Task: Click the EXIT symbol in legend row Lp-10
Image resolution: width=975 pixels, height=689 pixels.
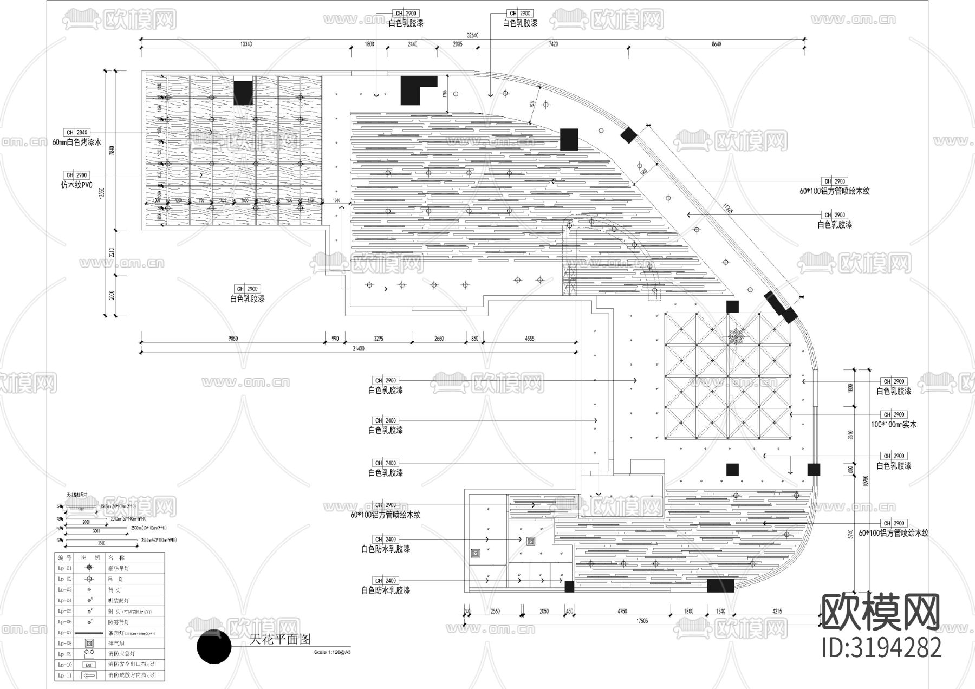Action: point(89,665)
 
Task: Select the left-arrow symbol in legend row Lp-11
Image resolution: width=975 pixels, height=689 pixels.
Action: point(89,675)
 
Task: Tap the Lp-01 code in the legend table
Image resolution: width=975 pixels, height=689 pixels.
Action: point(65,568)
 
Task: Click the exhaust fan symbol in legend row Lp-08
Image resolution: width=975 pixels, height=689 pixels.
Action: point(89,643)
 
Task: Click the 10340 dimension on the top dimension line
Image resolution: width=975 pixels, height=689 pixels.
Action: point(246,44)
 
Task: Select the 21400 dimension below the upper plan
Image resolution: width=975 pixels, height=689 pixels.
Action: point(358,349)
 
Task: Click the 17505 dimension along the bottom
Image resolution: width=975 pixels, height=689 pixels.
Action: point(641,621)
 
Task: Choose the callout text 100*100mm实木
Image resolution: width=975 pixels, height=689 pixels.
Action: point(893,425)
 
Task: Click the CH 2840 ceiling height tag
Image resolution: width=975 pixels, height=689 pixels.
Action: point(76,132)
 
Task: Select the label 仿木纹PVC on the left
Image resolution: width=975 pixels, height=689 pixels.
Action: point(76,185)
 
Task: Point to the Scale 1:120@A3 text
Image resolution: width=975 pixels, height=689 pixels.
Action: point(332,652)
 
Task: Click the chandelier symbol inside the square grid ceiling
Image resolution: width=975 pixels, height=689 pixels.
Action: point(736,337)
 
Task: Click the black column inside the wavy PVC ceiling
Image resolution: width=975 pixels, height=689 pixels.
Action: point(243,93)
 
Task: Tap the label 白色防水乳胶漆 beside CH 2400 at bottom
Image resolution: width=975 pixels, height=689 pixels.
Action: point(385,590)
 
